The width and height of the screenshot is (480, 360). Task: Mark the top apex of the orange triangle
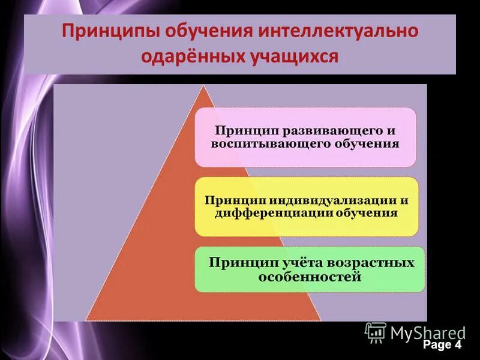pos(206,86)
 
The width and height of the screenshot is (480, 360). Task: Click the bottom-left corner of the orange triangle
pos(87,319)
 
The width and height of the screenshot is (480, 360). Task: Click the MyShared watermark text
pos(428,332)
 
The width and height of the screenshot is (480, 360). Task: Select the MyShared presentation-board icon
pos(376,332)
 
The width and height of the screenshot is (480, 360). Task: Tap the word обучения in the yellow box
pos(366,212)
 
